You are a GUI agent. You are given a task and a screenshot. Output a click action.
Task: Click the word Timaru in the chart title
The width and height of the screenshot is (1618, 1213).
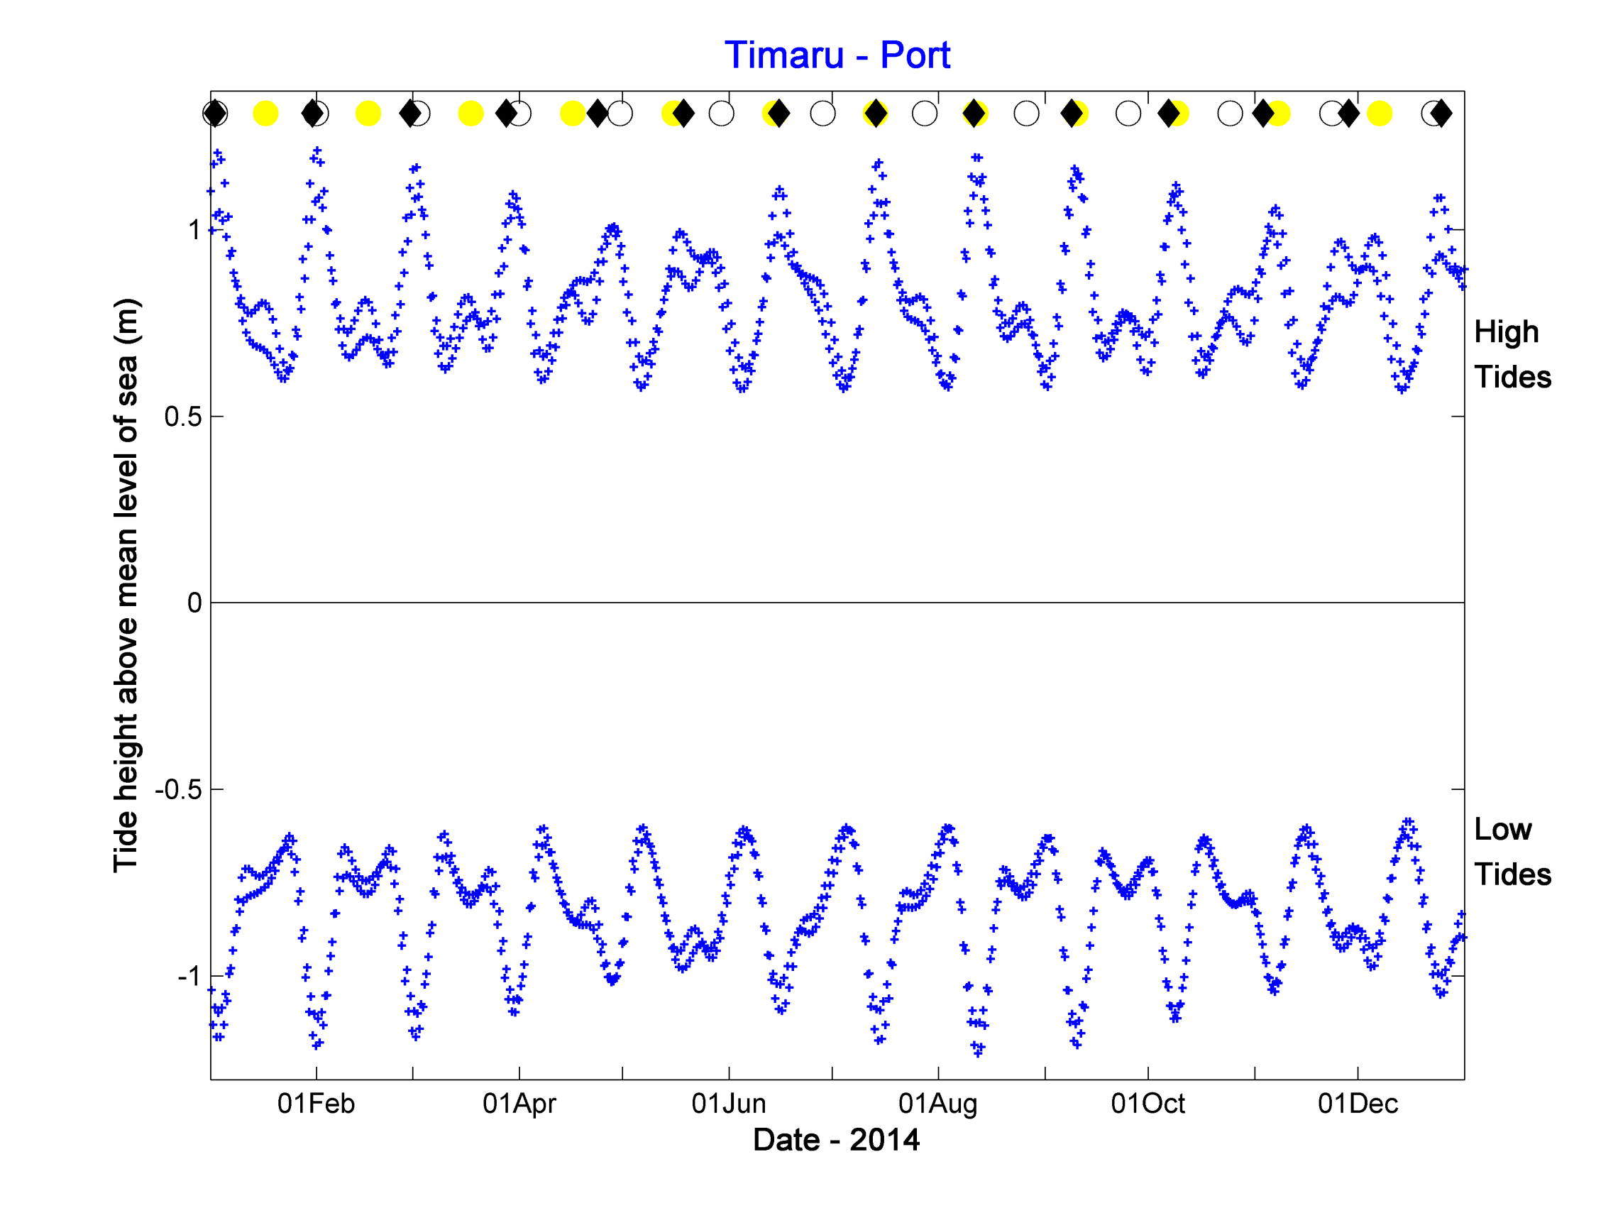coord(783,55)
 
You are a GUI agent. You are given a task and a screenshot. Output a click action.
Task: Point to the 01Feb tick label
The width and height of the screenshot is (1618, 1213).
coord(316,1103)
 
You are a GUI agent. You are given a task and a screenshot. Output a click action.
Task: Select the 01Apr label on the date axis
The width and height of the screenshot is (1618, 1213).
coord(519,1103)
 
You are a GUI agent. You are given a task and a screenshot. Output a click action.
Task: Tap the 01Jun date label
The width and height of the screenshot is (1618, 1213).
coord(729,1103)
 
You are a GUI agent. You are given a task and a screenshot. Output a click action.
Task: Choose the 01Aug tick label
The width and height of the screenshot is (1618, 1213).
coord(937,1103)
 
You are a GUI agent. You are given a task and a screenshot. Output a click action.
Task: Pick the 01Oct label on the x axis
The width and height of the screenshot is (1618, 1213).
coord(1148,1103)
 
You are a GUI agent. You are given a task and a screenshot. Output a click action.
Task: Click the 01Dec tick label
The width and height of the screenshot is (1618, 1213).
coord(1358,1103)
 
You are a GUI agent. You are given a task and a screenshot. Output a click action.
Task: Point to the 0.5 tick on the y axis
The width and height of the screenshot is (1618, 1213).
coord(183,417)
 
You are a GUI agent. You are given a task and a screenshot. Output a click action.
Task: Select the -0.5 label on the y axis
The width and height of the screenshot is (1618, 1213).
coord(177,789)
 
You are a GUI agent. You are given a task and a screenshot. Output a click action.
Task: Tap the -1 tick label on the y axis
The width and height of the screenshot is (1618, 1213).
coord(188,976)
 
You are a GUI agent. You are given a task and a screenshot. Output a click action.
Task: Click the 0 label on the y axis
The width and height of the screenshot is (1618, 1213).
coord(194,603)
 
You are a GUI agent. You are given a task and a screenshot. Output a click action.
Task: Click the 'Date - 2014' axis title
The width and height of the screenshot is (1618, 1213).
coord(836,1140)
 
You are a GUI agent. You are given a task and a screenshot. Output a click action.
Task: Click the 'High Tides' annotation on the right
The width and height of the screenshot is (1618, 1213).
coord(1512,355)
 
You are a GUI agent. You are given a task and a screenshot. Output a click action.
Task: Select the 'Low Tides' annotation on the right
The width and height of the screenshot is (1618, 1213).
coord(1512,852)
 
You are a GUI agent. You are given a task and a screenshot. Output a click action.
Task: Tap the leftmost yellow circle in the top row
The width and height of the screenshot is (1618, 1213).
coord(265,114)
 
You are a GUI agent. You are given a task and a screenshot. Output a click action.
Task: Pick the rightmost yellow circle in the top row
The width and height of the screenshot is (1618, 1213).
coord(1380,114)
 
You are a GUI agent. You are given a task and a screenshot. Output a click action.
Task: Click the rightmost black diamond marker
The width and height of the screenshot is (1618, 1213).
coord(1441,114)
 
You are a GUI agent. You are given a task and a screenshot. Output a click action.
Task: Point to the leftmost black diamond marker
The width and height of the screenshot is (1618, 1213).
coord(214,114)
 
